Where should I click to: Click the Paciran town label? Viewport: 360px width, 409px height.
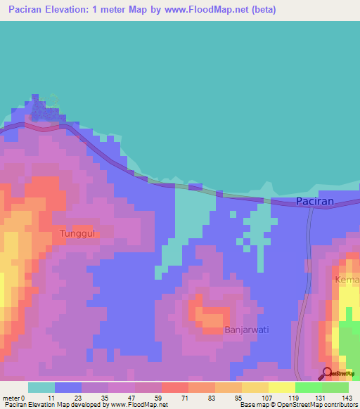click(x=314, y=201)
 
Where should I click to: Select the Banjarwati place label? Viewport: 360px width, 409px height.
click(x=246, y=329)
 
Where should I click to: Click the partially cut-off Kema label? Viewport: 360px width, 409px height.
click(x=347, y=280)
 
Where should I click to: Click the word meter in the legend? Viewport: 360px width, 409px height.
click(x=12, y=397)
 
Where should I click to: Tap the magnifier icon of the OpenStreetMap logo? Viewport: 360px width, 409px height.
click(x=327, y=374)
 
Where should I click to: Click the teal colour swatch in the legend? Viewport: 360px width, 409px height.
click(x=41, y=387)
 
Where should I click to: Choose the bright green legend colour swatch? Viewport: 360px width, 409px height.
click(x=308, y=387)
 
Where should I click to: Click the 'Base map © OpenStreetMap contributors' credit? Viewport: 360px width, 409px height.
click(x=297, y=405)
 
